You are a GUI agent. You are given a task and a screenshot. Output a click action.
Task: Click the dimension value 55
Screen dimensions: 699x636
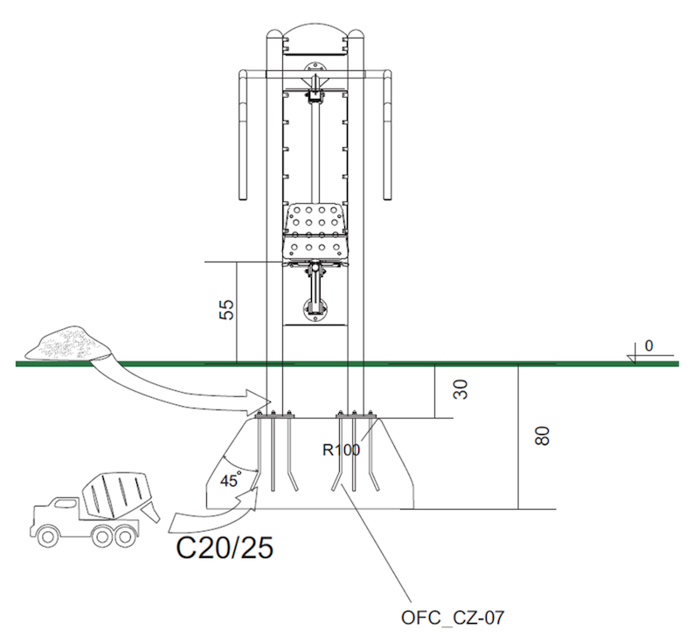(226, 310)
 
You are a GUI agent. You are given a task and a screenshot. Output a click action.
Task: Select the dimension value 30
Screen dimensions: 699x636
(460, 389)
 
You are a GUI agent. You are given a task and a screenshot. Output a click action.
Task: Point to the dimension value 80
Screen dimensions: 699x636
(542, 436)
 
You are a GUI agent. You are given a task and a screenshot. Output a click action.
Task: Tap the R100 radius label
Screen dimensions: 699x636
(341, 450)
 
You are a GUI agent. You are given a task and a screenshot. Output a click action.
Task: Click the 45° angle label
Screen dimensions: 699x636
(231, 479)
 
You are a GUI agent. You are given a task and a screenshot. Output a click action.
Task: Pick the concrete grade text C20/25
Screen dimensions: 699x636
(225, 548)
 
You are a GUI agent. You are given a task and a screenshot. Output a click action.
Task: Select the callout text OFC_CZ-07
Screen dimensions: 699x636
(453, 618)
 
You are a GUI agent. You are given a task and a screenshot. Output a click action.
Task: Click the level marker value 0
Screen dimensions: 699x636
(648, 346)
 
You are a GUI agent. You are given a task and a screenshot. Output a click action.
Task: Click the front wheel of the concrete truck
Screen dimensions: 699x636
(47, 535)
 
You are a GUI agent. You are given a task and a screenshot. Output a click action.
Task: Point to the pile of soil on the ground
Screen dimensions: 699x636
(68, 343)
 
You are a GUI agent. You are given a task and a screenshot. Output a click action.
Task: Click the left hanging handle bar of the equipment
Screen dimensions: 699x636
(243, 135)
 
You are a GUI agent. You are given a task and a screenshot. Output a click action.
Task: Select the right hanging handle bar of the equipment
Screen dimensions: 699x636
(387, 135)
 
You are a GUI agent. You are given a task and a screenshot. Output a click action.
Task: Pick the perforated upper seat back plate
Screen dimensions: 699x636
(315, 219)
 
